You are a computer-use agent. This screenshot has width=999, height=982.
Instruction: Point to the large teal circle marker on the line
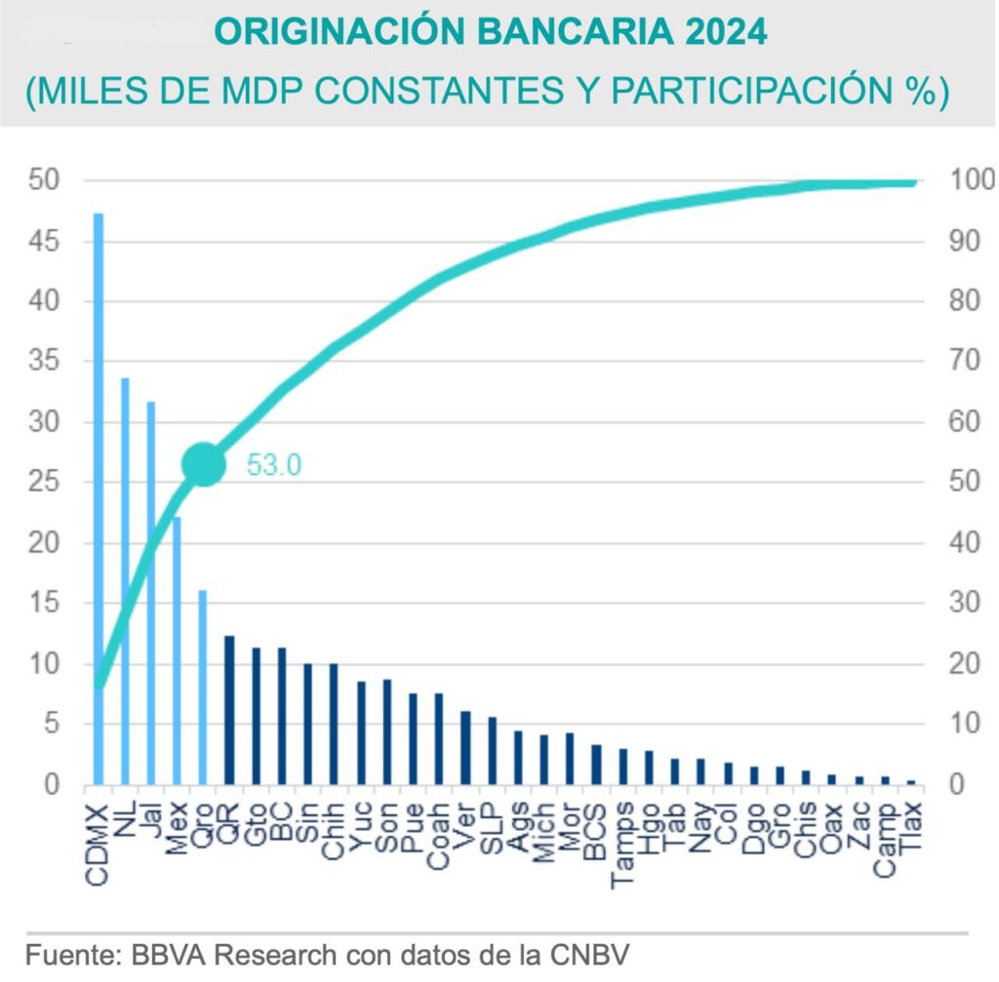click(x=203, y=464)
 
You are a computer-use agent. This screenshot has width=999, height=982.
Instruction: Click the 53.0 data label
click(x=273, y=465)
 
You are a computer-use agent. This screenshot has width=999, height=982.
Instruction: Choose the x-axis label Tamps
click(x=623, y=844)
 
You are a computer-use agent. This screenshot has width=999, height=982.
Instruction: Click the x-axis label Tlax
click(x=911, y=829)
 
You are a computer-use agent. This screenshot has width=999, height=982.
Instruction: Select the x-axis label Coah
click(x=439, y=835)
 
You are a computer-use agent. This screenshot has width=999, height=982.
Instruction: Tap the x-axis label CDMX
click(x=98, y=844)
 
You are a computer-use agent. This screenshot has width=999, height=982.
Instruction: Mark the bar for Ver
click(x=465, y=748)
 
